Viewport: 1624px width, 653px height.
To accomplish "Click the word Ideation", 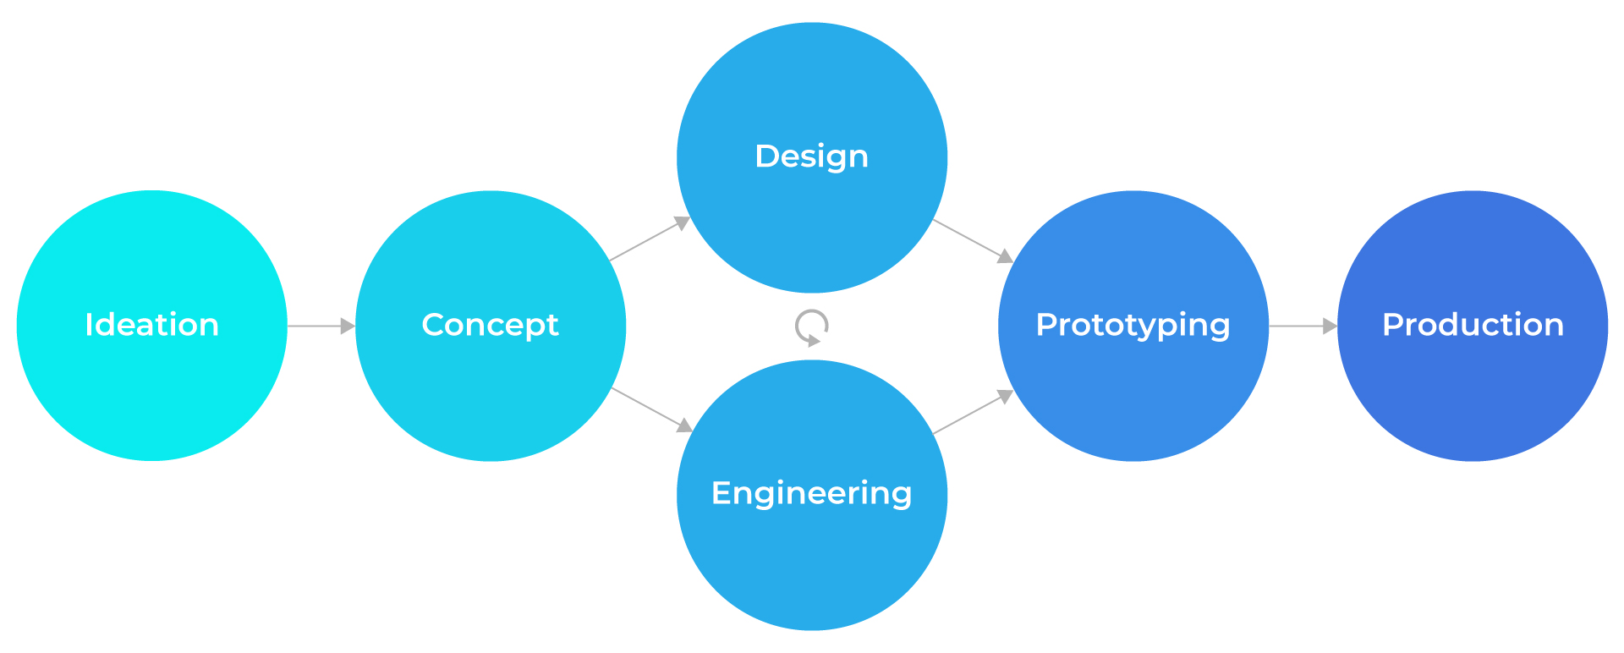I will pyautogui.click(x=152, y=325).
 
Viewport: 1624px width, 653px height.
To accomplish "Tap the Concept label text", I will pyautogui.click(x=491, y=325).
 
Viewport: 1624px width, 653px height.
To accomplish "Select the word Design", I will pyautogui.click(x=812, y=156).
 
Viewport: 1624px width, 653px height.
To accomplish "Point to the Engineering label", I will pyautogui.click(x=812, y=493).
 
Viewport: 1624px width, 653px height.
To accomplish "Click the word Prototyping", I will pyautogui.click(x=1133, y=325).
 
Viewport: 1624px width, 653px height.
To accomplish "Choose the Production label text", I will pyautogui.click(x=1473, y=325).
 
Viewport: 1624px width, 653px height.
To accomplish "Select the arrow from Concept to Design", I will pyautogui.click(x=648, y=239).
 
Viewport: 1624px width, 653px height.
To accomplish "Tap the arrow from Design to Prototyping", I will pyautogui.click(x=971, y=240).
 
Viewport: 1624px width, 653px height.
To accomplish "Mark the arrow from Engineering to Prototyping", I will pyautogui.click(x=971, y=413).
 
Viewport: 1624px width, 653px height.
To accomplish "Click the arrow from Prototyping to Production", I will pyautogui.click(x=1301, y=326).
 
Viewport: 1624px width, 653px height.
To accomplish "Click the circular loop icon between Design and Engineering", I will pyautogui.click(x=812, y=326).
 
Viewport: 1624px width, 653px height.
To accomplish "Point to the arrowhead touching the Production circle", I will pyautogui.click(x=1330, y=326).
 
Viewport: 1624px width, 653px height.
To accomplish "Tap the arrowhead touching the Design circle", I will pyautogui.click(x=682, y=222).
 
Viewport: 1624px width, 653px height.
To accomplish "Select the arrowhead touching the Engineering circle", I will pyautogui.click(x=684, y=425).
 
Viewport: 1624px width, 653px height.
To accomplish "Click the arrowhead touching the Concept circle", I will pyautogui.click(x=348, y=326).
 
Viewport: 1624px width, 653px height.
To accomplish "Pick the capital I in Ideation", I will pyautogui.click(x=89, y=325).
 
